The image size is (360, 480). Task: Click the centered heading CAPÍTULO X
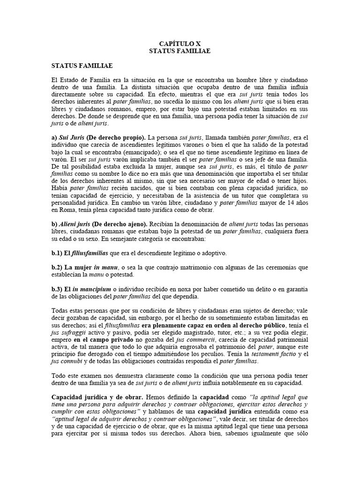tap(180, 43)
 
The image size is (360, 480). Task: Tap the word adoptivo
tap(214, 253)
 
